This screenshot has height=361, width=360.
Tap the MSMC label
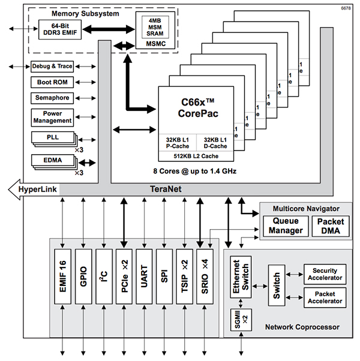coord(151,44)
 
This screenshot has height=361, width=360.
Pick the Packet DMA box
coord(329,226)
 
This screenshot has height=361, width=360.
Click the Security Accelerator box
coord(325,273)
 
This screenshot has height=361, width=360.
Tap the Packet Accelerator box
coord(325,297)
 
